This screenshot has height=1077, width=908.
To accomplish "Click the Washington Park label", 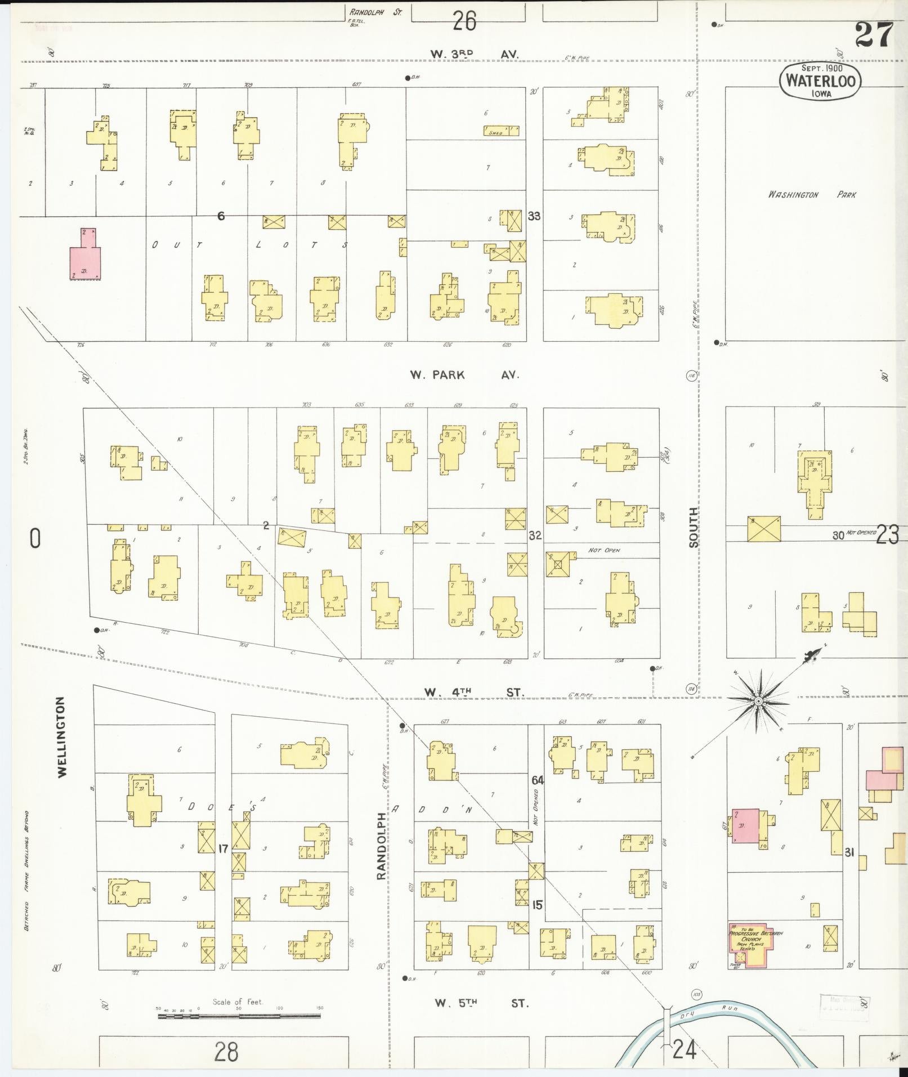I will click(811, 195).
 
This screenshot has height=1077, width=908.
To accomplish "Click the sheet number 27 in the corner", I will click(874, 35).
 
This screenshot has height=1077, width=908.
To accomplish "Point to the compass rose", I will click(758, 700).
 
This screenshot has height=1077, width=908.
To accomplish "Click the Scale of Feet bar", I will click(239, 1016).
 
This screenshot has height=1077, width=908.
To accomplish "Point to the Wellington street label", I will click(61, 737).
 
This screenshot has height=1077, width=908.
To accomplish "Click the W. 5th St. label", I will click(481, 1003).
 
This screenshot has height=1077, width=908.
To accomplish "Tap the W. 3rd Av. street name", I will click(474, 54).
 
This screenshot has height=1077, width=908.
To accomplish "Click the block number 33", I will click(534, 216).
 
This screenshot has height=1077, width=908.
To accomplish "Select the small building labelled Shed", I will click(501, 131).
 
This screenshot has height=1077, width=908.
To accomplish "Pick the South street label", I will click(694, 527).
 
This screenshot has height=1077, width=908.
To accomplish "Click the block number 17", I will click(223, 848).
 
